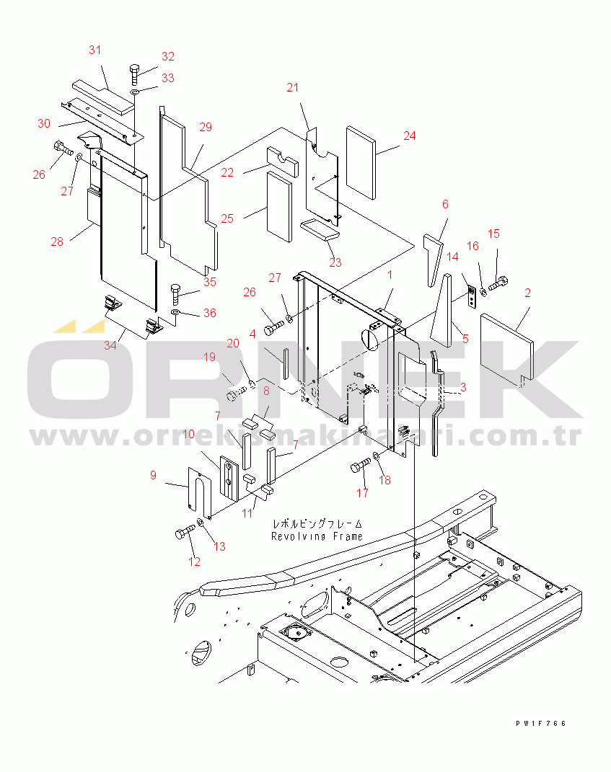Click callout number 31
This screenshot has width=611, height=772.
94,50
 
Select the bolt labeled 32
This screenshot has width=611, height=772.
135,72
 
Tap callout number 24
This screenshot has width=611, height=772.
409,136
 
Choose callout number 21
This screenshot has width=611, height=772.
291,88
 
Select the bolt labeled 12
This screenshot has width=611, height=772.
183,533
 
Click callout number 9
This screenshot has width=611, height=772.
153,475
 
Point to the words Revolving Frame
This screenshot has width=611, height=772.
317,536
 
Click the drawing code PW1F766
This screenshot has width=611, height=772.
540,723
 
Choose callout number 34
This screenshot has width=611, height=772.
109,345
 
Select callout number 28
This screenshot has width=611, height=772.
56,241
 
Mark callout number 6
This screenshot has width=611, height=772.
445,205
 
